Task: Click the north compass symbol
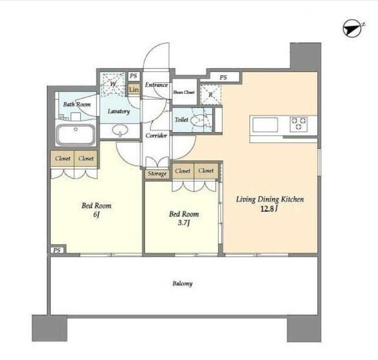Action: click(352, 28)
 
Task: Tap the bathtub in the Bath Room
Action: click(76, 135)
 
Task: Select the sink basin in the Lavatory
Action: click(120, 130)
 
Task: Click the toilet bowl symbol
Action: click(198, 120)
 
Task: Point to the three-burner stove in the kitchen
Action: click(299, 124)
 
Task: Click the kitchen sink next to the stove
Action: click(265, 125)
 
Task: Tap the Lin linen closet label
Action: click(134, 90)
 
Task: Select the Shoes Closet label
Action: click(184, 92)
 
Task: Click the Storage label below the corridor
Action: click(157, 174)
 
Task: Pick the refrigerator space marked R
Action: click(211, 95)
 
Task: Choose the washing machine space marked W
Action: click(113, 83)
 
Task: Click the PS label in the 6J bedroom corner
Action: click(57, 250)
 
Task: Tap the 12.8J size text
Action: click(269, 209)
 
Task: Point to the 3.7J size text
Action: click(184, 223)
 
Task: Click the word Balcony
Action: click(182, 284)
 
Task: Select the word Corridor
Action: click(156, 136)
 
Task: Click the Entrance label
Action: click(156, 85)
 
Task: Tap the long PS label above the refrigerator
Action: click(223, 77)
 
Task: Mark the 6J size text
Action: click(96, 214)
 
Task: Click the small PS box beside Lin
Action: click(133, 76)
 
